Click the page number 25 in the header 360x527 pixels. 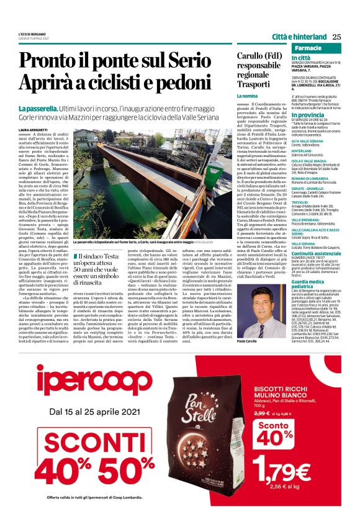tap(336, 36)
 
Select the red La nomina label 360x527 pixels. tap(247, 97)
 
